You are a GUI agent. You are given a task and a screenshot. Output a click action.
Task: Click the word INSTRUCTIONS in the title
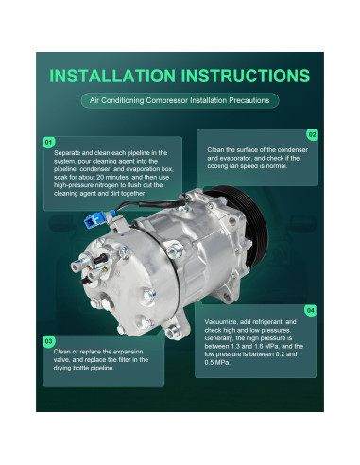click(x=244, y=76)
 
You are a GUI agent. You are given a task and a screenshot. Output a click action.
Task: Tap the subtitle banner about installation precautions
click(x=180, y=100)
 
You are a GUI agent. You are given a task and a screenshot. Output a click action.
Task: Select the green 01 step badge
click(x=49, y=142)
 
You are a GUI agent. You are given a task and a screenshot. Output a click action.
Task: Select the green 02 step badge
click(x=313, y=135)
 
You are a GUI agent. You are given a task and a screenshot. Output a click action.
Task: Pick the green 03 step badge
click(x=49, y=340)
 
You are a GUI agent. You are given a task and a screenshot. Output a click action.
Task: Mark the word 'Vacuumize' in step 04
click(x=222, y=322)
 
